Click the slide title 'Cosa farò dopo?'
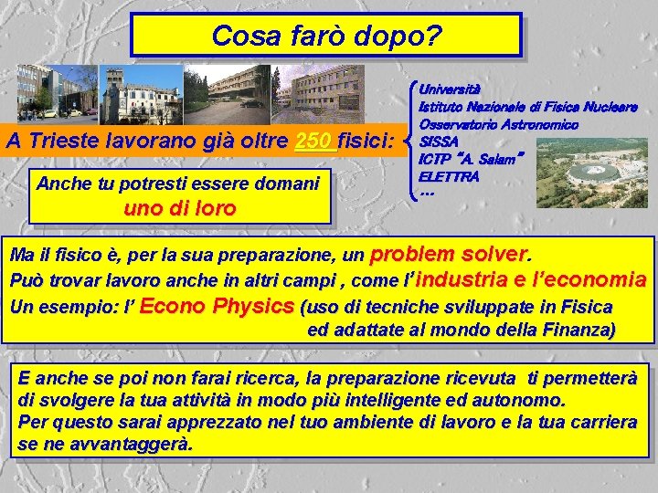pyautogui.click(x=326, y=37)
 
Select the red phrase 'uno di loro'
pyautogui.click(x=179, y=207)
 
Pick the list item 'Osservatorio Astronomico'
pyautogui.click(x=497, y=124)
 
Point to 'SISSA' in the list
pyautogui.click(x=439, y=142)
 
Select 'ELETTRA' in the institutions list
pyautogui.click(x=448, y=175)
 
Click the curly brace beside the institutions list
pyautogui.click(x=414, y=142)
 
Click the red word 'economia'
pyautogui.click(x=599, y=279)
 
